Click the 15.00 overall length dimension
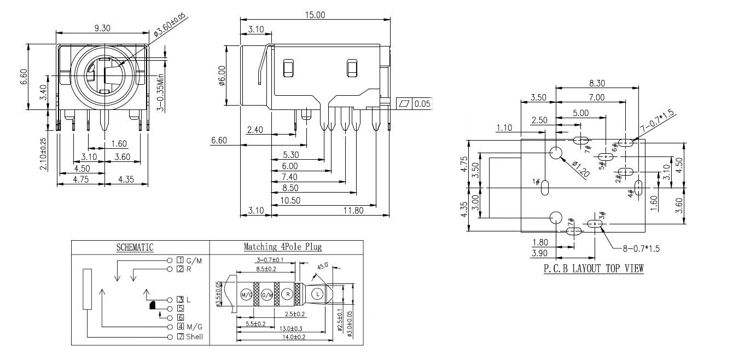[315, 15]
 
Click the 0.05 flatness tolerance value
[422, 103]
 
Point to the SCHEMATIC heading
[135, 247]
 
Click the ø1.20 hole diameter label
[581, 170]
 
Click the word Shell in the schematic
[194, 336]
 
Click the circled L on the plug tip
[317, 294]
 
